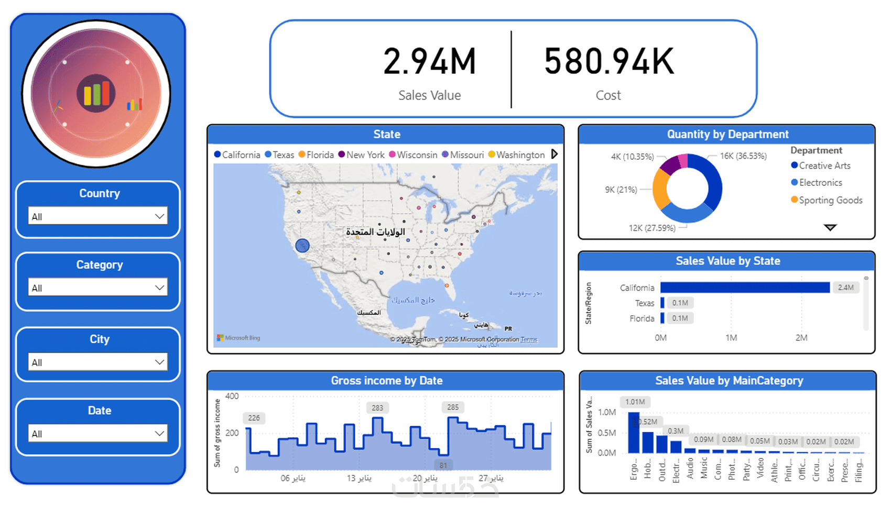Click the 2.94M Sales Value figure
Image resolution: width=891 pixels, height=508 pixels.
[x=429, y=62]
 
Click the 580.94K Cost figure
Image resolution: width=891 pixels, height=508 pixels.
[x=609, y=62]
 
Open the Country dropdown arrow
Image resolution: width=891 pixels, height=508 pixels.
[x=159, y=216]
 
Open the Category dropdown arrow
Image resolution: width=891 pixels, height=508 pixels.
[x=159, y=288]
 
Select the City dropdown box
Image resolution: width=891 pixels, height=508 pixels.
[x=98, y=362]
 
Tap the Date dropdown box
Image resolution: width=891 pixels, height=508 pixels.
[x=98, y=434]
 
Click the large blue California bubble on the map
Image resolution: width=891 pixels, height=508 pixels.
[x=302, y=246]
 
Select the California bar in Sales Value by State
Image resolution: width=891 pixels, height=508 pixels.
[x=744, y=288]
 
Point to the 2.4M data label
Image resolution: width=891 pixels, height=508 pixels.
[x=845, y=288]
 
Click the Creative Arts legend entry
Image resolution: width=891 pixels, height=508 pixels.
[x=824, y=165]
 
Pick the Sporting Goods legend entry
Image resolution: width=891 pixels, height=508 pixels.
[x=830, y=200]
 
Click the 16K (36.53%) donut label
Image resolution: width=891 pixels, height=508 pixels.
[x=743, y=156]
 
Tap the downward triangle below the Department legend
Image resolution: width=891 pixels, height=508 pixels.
[x=830, y=227]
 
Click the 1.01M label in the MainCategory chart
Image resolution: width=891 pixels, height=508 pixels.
[x=635, y=402]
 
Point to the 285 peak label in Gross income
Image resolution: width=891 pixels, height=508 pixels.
[x=453, y=407]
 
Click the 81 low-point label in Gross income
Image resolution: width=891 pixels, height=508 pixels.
[x=443, y=465]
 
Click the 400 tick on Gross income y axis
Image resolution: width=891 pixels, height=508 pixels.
[x=232, y=396]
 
